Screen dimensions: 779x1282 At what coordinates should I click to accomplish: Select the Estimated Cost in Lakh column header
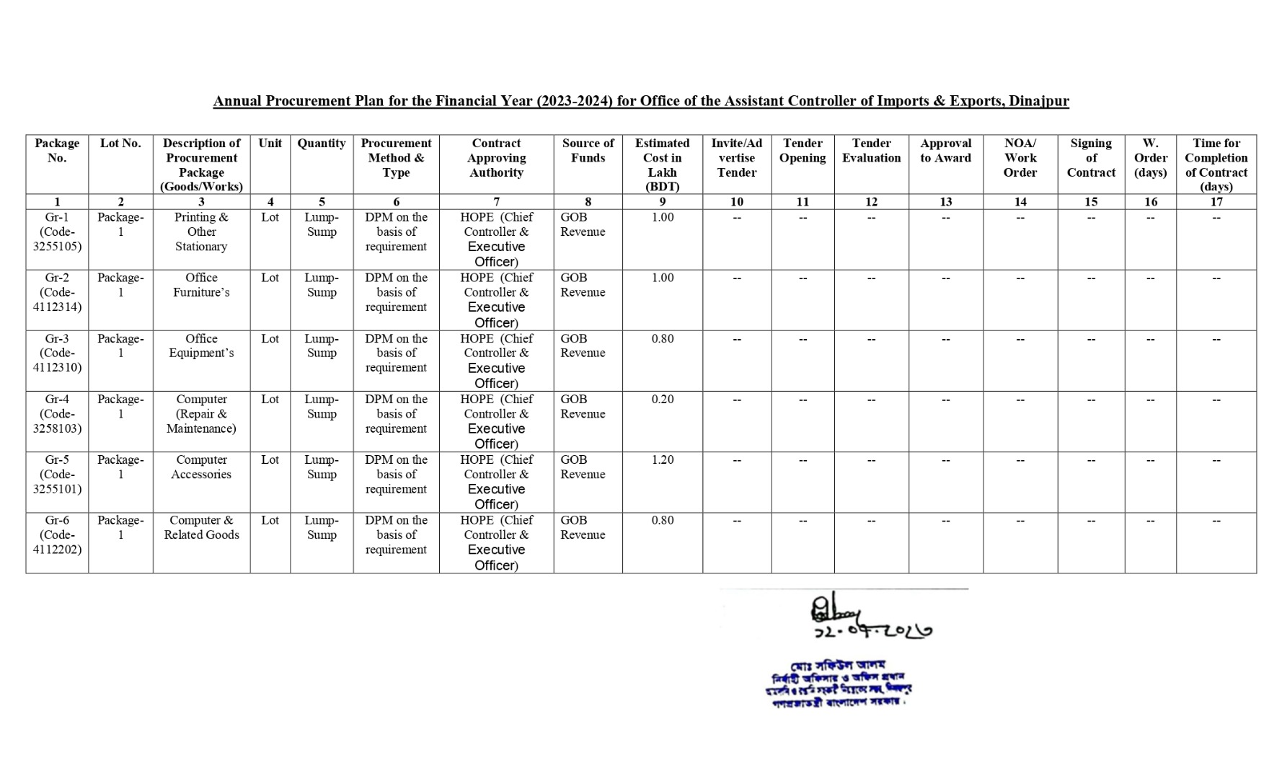click(662, 164)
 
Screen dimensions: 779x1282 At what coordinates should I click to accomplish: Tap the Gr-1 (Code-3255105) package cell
click(57, 232)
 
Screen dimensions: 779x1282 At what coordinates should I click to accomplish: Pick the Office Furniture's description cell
click(201, 285)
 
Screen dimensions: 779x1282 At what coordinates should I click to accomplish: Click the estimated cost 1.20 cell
click(662, 460)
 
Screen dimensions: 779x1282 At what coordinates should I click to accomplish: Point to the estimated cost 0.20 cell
click(662, 400)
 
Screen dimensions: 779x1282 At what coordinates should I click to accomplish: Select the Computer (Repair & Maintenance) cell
click(201, 414)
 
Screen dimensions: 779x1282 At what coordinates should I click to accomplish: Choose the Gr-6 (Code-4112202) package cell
click(57, 534)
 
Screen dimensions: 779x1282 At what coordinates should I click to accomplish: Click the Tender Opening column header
click(803, 151)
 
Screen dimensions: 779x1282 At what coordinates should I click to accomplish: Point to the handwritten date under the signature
click(872, 631)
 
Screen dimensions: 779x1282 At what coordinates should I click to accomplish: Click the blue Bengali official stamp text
click(838, 684)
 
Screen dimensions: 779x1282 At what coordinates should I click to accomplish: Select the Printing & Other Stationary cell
click(201, 232)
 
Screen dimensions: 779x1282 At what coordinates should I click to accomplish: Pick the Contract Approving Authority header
click(496, 158)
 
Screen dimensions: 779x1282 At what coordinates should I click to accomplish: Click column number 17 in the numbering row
click(1216, 202)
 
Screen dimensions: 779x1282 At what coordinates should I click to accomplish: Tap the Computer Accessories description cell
click(201, 467)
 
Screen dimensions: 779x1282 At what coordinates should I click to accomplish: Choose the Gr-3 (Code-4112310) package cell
click(57, 353)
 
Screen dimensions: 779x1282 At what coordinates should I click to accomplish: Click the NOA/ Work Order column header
click(1020, 158)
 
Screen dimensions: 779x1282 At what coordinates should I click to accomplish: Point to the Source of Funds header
click(588, 151)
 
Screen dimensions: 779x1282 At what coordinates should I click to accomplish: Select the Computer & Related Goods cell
click(201, 527)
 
